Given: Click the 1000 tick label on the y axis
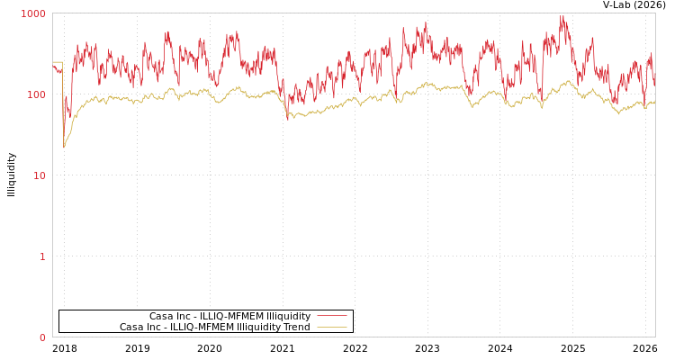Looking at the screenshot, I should (33, 13).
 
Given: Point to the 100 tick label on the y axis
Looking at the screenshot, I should (35, 94).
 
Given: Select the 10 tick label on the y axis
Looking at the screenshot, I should (39, 175).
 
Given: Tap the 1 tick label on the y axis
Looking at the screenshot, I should (41, 256).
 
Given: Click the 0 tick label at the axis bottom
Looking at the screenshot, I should (41, 337).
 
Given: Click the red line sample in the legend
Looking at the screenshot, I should (331, 316).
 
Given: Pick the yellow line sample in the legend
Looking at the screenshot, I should (331, 327).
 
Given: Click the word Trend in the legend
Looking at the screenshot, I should (296, 327).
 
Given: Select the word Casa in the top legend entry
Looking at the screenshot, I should (161, 316).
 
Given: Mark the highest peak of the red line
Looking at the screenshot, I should (562, 16).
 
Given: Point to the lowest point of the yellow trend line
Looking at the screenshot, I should (64, 146).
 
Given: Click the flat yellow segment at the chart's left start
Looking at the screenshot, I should (57, 62).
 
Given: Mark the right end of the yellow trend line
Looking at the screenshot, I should (654, 102).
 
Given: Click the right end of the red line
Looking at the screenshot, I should (654, 85).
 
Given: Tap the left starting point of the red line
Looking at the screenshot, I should (53, 65).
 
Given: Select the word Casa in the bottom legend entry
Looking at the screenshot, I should (131, 327).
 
